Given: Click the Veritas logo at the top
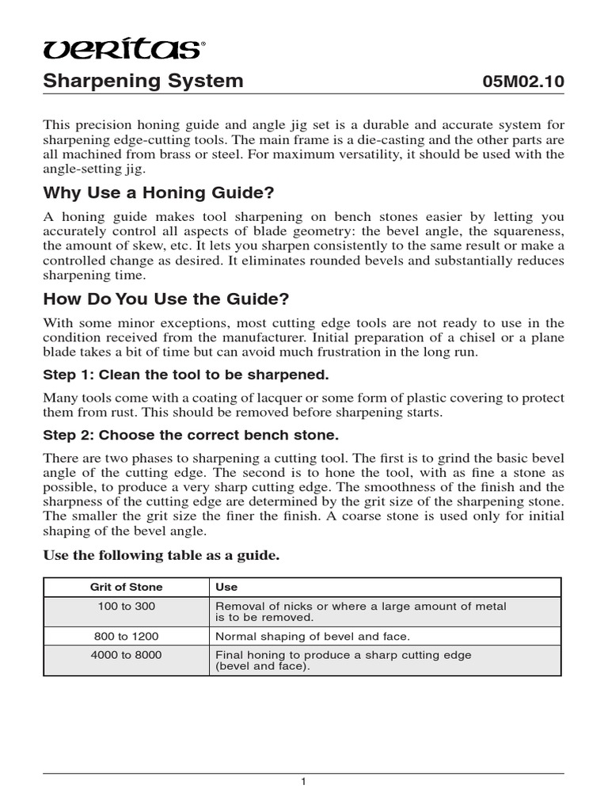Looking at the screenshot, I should (x=121, y=50).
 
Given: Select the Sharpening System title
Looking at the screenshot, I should (x=142, y=82).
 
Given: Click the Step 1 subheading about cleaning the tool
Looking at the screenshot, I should (x=185, y=374).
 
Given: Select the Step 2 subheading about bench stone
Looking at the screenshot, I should (x=191, y=435).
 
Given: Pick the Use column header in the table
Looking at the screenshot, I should (x=226, y=587).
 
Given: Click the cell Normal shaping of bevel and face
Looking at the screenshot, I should (x=313, y=636).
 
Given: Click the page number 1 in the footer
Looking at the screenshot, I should (x=303, y=782).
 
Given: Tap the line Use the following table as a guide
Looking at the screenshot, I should (x=161, y=556).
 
